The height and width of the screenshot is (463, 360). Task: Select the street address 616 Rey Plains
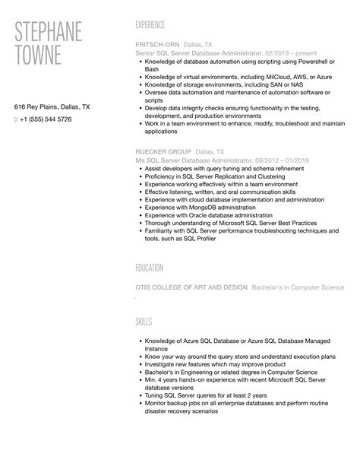[36, 107]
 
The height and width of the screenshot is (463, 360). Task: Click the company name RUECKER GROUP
[158, 152]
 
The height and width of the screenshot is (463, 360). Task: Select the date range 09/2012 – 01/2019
[283, 160]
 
